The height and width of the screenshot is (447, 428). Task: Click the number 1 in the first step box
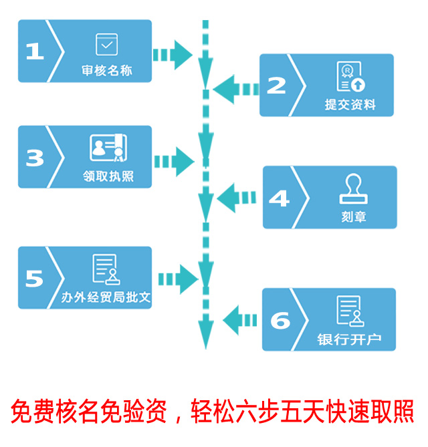pyautogui.click(x=34, y=51)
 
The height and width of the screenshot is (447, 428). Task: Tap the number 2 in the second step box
pyautogui.click(x=276, y=85)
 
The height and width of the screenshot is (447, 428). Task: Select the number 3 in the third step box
pyautogui.click(x=35, y=158)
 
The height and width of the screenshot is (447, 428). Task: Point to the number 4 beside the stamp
pyautogui.click(x=279, y=198)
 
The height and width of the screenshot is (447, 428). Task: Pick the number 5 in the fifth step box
pyautogui.click(x=34, y=278)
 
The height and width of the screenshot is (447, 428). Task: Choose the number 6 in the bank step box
pyautogui.click(x=280, y=320)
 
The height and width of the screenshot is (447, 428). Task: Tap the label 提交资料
pyautogui.click(x=350, y=105)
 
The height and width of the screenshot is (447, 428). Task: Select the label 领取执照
pyautogui.click(x=107, y=178)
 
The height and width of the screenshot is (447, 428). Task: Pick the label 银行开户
pyautogui.click(x=349, y=339)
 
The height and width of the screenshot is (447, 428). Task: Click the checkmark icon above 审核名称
pyautogui.click(x=106, y=44)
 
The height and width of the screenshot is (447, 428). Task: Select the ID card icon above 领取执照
pyautogui.click(x=107, y=148)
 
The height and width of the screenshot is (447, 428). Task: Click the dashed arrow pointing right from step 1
pyautogui.click(x=172, y=53)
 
